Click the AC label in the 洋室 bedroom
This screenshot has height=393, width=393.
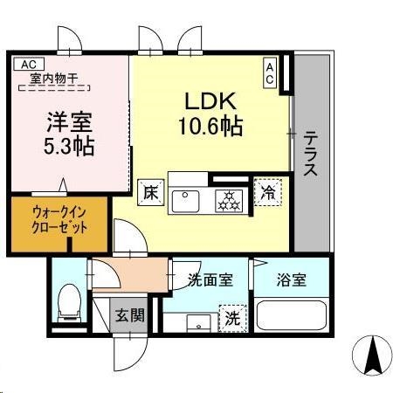coord(28,64)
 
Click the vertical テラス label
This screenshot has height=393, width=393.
coord(309,154)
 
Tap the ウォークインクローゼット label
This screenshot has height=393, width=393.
coord(59,219)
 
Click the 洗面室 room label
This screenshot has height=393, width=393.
coord(210,280)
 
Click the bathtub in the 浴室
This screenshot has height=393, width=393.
coord(291,314)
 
